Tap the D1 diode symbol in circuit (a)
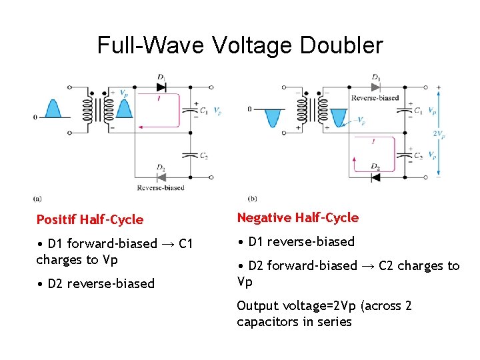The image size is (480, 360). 161,87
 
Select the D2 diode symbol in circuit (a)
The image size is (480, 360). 161,177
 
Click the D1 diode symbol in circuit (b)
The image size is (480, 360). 376,87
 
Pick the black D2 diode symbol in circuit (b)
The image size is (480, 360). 375,177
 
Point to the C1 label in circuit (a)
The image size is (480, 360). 203,111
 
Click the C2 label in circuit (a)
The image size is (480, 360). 203,156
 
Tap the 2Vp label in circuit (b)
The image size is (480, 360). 439,133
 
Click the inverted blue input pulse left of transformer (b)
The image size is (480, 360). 272,118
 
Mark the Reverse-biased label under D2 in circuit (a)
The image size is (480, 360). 160,188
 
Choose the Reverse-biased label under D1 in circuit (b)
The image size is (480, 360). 375,98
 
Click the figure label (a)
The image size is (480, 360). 37,198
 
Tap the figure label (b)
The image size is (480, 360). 252,198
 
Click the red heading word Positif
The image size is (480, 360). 56,219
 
